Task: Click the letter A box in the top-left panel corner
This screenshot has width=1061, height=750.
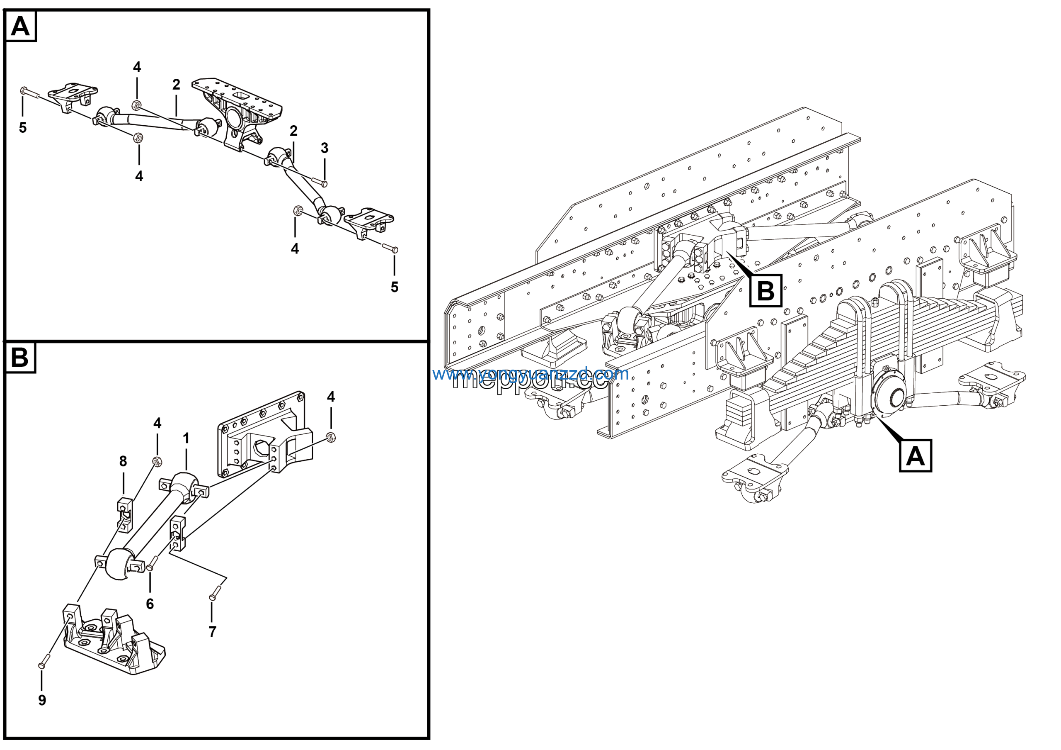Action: pos(20,27)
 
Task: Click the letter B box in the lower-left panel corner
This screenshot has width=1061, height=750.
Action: pos(20,358)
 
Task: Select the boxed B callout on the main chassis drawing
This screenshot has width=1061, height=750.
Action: pos(765,291)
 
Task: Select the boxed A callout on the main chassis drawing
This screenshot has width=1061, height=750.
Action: pos(915,456)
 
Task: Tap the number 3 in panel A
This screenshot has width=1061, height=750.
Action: pos(325,148)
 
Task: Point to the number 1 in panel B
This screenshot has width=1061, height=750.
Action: pos(186,438)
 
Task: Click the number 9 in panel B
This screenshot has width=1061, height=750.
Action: pos(42,700)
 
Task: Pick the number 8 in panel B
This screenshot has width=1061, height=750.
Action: pos(123,460)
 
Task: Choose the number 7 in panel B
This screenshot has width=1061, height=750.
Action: pos(212,631)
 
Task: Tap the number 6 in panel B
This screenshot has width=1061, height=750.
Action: pos(150,604)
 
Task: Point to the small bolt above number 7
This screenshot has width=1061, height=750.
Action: pos(215,593)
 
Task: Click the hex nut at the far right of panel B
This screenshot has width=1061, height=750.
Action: pos(330,436)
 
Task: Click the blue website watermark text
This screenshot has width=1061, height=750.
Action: pos(530,374)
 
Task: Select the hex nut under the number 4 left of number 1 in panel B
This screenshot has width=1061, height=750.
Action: pos(157,460)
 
